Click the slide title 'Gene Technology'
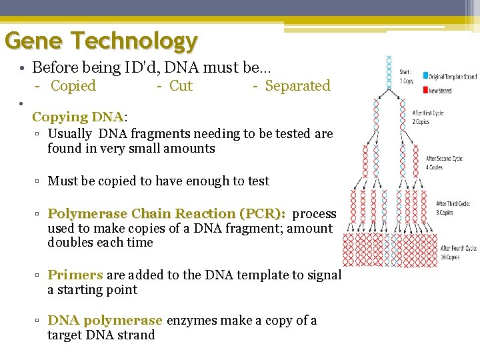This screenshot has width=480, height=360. (x=101, y=41)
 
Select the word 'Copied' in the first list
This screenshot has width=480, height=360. (x=73, y=86)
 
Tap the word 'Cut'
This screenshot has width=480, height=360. (x=181, y=86)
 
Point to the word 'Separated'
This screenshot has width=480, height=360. (x=297, y=86)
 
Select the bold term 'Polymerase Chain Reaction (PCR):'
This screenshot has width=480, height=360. (x=167, y=214)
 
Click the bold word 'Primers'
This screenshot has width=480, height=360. (x=75, y=275)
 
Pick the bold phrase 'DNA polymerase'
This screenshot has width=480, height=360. (x=105, y=321)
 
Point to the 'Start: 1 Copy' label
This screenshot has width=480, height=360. (x=406, y=76)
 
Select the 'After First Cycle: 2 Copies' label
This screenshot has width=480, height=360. (x=428, y=118)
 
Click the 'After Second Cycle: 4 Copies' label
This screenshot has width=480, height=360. (x=445, y=163)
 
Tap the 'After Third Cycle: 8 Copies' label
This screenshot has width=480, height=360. (x=453, y=208)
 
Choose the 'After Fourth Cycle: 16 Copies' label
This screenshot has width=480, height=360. (x=458, y=253)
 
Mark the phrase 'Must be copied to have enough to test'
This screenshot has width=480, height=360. (x=159, y=181)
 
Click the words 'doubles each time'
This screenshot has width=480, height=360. (x=100, y=243)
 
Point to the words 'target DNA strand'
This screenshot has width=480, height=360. (x=101, y=335)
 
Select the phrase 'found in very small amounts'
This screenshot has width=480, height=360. (x=131, y=149)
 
